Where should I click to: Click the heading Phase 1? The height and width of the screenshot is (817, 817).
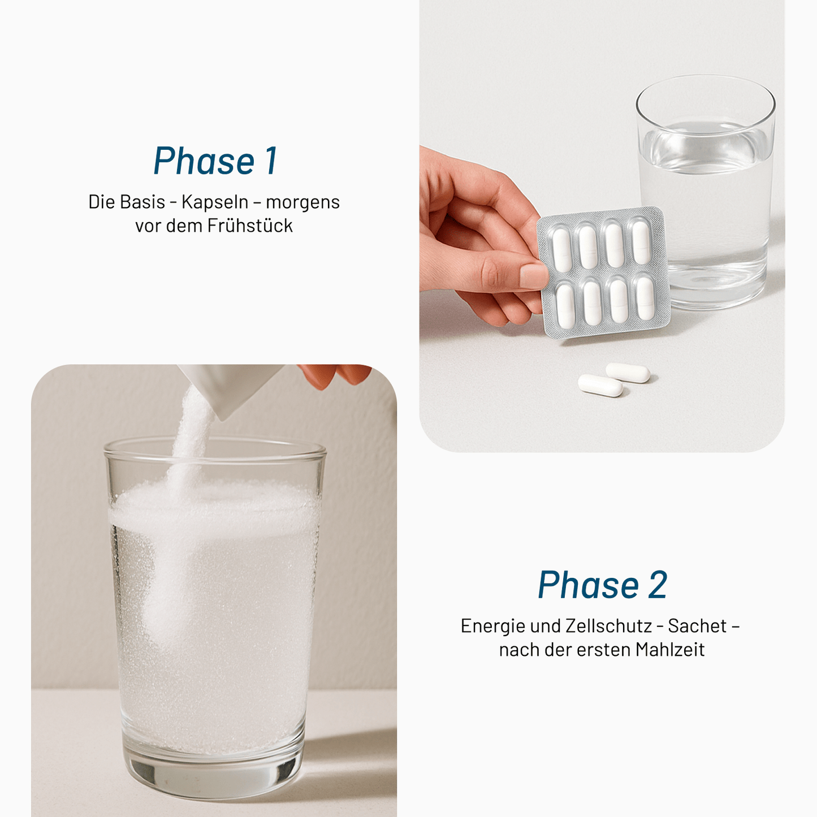tap(215, 161)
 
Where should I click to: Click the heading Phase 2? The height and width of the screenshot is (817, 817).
tap(602, 585)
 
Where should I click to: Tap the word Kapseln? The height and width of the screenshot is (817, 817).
tap(215, 202)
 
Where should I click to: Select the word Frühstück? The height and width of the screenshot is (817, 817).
tap(250, 226)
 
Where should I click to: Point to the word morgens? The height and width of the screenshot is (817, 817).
tap(302, 202)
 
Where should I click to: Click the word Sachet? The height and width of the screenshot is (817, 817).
tap(697, 626)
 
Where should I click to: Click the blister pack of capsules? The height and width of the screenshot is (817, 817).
tap(604, 273)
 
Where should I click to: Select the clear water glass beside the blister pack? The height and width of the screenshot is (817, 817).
tap(707, 192)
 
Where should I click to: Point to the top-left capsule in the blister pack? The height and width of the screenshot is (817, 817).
tap(561, 249)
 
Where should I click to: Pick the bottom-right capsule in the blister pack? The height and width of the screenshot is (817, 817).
tap(645, 297)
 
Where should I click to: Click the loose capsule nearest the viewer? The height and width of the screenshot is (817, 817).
tap(600, 385)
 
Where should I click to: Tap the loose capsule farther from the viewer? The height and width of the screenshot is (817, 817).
tap(628, 373)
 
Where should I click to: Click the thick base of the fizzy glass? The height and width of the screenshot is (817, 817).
tap(214, 775)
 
